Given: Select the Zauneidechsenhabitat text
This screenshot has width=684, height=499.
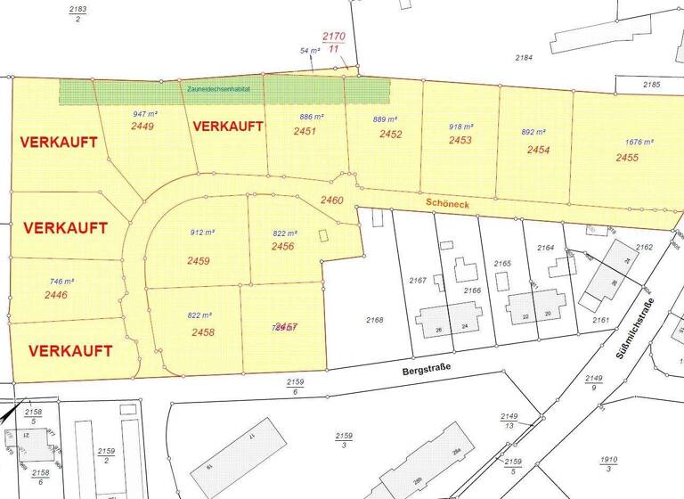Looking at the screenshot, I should [219, 90].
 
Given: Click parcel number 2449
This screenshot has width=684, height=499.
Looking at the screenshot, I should [142, 127].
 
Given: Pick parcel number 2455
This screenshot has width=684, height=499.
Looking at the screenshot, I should [627, 158].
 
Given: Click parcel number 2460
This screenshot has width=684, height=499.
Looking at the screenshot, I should [331, 200].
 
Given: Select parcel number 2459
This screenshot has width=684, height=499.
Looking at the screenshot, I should [199, 261].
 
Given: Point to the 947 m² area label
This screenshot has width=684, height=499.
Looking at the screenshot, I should [145, 115].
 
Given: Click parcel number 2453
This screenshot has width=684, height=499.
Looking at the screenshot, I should [460, 141].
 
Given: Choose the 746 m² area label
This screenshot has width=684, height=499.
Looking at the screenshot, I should [61, 281].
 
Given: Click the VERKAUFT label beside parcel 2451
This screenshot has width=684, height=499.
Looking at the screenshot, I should [228, 126].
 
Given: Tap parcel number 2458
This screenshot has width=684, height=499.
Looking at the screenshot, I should [203, 331].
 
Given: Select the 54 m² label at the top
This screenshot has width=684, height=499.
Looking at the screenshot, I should [310, 52].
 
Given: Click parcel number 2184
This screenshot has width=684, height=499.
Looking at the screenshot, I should [524, 58].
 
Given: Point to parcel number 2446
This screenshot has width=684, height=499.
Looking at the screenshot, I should [55, 294].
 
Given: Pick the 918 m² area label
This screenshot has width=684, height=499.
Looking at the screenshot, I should [461, 127].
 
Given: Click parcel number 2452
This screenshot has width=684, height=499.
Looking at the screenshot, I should [390, 135].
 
